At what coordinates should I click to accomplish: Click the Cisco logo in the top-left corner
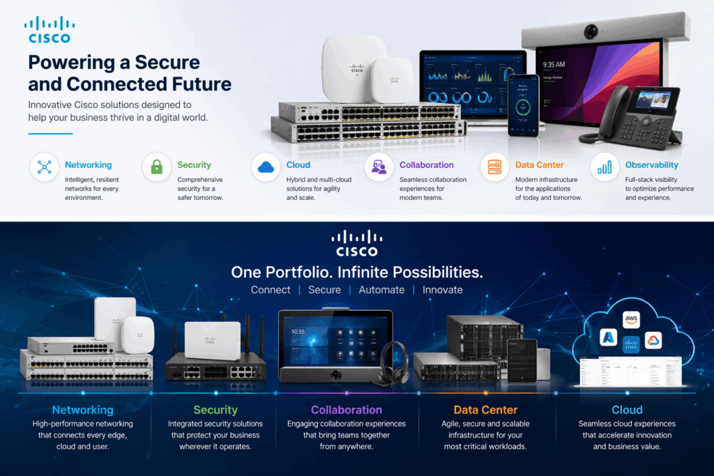tap(49, 31)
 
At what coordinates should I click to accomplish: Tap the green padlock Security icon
tap(157, 167)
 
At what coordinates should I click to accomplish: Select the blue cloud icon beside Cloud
tap(266, 167)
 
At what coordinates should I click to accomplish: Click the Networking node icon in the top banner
tap(45, 167)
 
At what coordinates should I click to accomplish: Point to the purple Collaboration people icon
tap(379, 167)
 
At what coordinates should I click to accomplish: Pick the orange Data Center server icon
tap(494, 167)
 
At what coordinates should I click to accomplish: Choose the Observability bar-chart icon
tap(604, 167)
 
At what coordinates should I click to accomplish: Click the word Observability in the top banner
tap(651, 165)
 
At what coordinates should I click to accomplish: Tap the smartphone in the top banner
tap(523, 105)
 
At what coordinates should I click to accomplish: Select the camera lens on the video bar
tap(591, 31)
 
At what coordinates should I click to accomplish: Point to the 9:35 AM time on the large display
tap(554, 64)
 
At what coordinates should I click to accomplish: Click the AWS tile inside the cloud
tap(631, 320)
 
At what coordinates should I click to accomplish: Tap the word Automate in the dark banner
tap(381, 289)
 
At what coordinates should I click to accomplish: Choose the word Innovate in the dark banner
tap(442, 289)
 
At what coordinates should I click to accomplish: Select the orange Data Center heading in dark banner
tap(485, 410)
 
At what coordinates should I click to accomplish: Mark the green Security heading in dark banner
tap(215, 410)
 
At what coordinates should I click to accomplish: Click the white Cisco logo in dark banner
tap(356, 244)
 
